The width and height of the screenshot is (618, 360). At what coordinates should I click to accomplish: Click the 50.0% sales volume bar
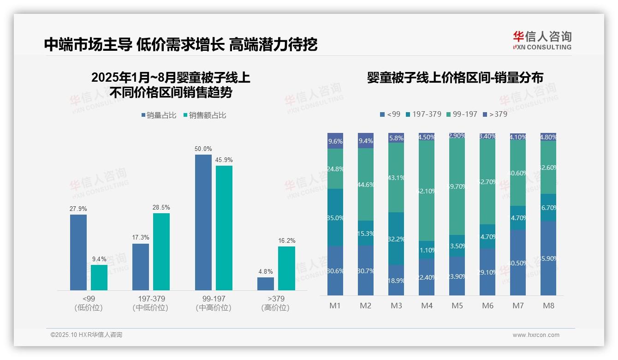pyautogui.click(x=203, y=222)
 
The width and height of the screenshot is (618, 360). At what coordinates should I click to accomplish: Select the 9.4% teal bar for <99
pyautogui.click(x=99, y=277)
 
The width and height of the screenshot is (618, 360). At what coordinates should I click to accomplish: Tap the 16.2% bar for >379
pyautogui.click(x=286, y=268)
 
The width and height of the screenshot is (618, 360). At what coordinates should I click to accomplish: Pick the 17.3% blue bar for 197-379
pyautogui.click(x=141, y=267)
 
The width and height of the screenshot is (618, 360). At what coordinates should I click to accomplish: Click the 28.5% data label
pyautogui.click(x=161, y=208)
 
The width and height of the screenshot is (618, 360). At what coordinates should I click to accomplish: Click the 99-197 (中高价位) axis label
pyautogui.click(x=213, y=303)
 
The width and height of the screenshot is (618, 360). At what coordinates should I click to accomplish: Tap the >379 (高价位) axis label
pyautogui.click(x=275, y=303)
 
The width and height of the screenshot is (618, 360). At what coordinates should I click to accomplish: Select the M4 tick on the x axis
pyautogui.click(x=427, y=306)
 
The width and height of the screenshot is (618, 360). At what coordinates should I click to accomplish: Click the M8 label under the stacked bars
pyautogui.click(x=548, y=306)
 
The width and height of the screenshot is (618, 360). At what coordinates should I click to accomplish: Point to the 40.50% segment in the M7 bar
pyautogui.click(x=518, y=263)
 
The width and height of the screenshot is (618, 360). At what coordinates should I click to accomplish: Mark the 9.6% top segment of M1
pyautogui.click(x=335, y=141)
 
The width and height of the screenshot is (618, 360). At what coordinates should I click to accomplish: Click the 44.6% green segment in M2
pyautogui.click(x=366, y=184)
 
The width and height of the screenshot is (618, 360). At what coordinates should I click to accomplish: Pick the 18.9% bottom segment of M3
pyautogui.click(x=396, y=280)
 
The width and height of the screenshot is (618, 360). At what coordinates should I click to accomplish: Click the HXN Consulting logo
pyautogui.click(x=542, y=41)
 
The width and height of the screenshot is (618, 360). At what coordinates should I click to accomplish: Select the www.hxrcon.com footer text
pyautogui.click(x=535, y=335)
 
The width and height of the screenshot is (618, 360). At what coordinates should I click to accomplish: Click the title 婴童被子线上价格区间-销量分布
pyautogui.click(x=455, y=78)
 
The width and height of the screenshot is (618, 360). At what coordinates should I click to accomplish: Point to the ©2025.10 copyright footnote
pyautogui.click(x=86, y=335)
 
